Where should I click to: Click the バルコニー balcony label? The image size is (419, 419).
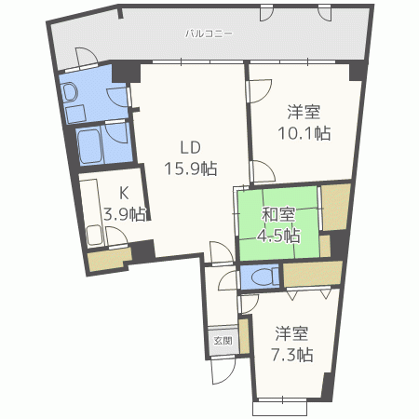[x=208, y=34]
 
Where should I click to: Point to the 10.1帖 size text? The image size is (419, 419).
[x=306, y=132]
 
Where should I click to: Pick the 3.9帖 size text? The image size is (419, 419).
[x=123, y=214]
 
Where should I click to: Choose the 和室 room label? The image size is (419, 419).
[x=278, y=216]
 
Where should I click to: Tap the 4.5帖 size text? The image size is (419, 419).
[x=278, y=235]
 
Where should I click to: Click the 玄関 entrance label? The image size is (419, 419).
[x=223, y=340]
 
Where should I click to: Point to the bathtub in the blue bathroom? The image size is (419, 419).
[x=89, y=145]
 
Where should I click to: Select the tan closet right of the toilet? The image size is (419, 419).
[x=311, y=275]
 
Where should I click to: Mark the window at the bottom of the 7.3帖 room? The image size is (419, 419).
[x=279, y=407]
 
